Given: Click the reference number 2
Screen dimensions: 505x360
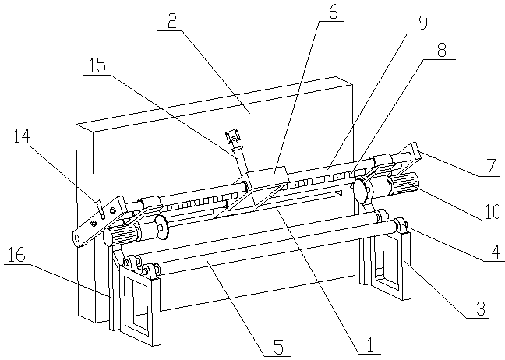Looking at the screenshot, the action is [172, 22].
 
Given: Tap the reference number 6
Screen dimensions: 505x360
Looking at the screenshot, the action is [333, 12].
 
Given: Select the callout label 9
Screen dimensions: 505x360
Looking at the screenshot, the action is [423, 23].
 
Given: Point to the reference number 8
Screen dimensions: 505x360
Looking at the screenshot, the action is [441, 50].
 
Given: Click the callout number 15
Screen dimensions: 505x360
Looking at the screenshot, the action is [97, 65].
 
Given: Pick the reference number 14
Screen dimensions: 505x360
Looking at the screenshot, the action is [22, 136].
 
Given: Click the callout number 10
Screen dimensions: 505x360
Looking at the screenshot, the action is [493, 211].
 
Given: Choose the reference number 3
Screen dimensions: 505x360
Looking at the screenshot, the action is [481, 309].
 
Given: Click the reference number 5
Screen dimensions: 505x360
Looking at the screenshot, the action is [278, 347].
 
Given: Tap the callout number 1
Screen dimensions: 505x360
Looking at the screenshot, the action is [369, 345].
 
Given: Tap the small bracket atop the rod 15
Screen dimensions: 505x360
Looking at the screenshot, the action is [232, 136].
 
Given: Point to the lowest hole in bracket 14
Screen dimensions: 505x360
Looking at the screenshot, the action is [77, 238].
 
